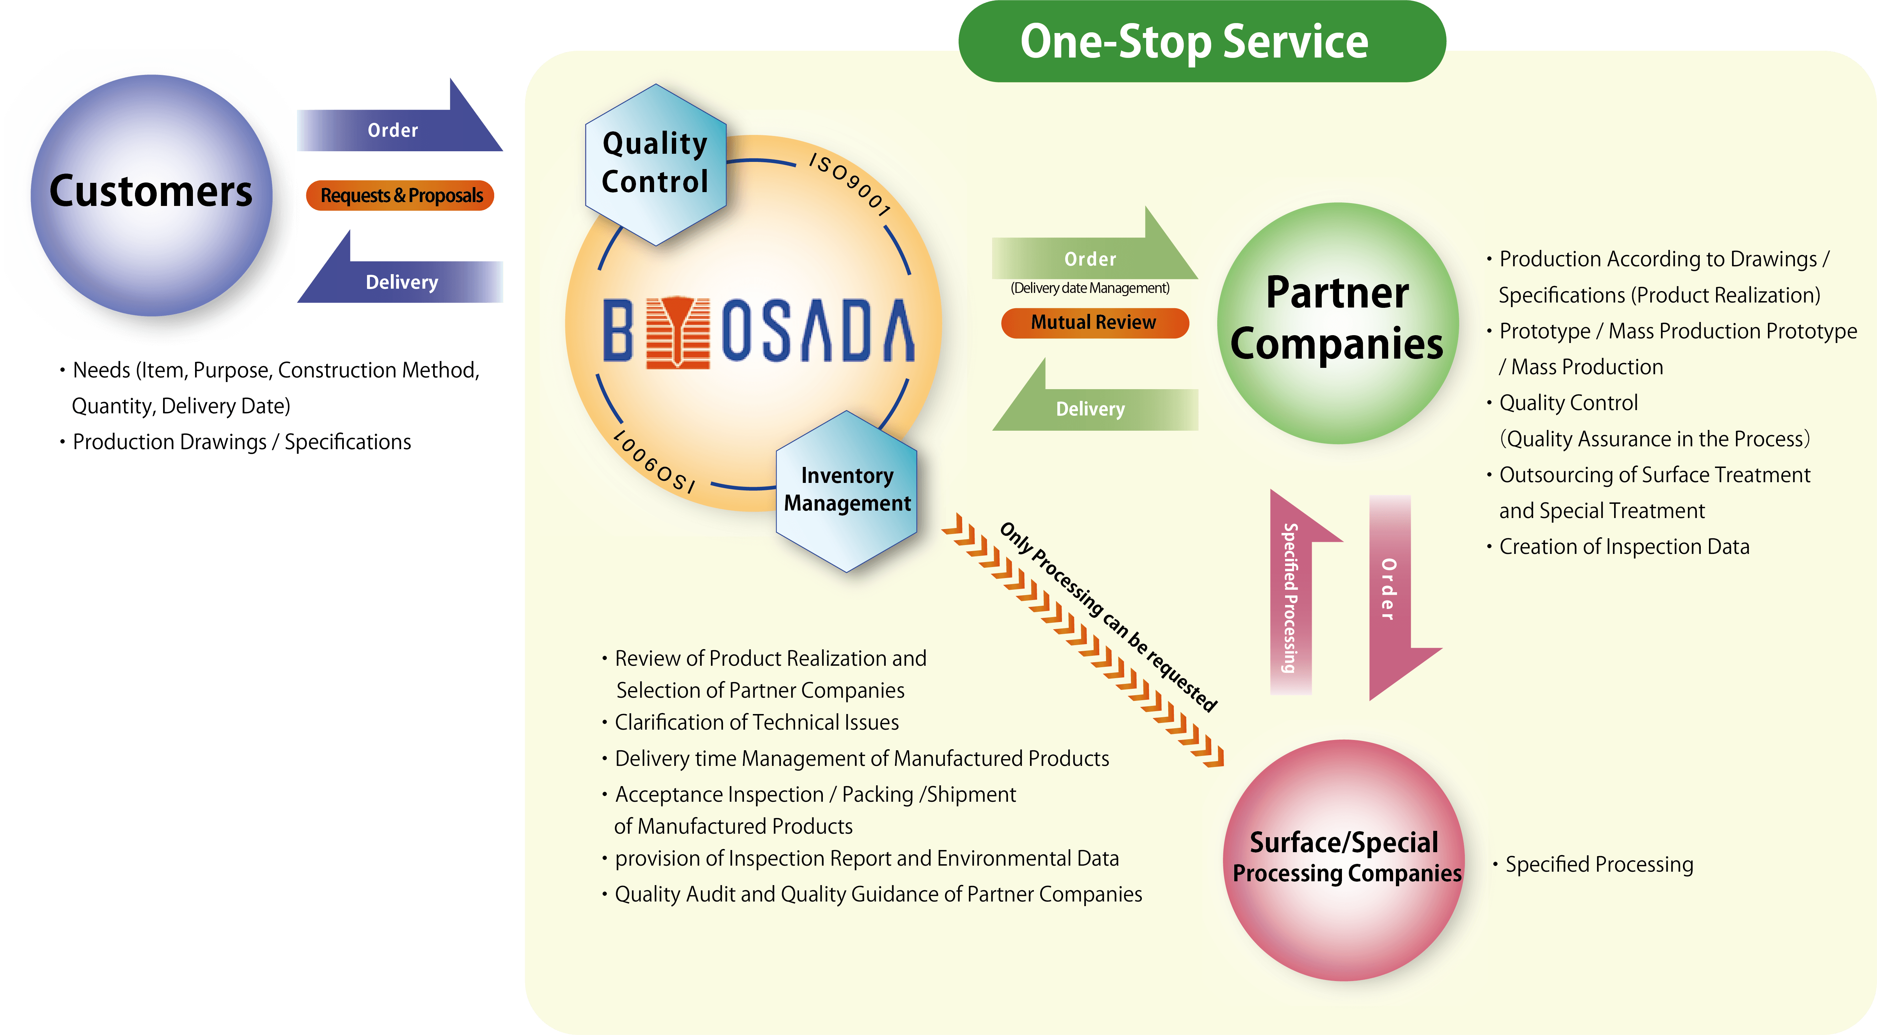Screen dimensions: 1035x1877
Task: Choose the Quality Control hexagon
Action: pos(655,164)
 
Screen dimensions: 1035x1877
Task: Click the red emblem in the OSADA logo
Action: pos(678,331)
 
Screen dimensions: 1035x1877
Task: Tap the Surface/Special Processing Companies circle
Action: pos(1344,860)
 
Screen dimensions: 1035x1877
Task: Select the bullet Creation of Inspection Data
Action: pos(1623,546)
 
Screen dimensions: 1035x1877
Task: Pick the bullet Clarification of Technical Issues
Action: pos(756,722)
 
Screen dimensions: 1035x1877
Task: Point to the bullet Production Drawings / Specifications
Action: pos(242,441)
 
